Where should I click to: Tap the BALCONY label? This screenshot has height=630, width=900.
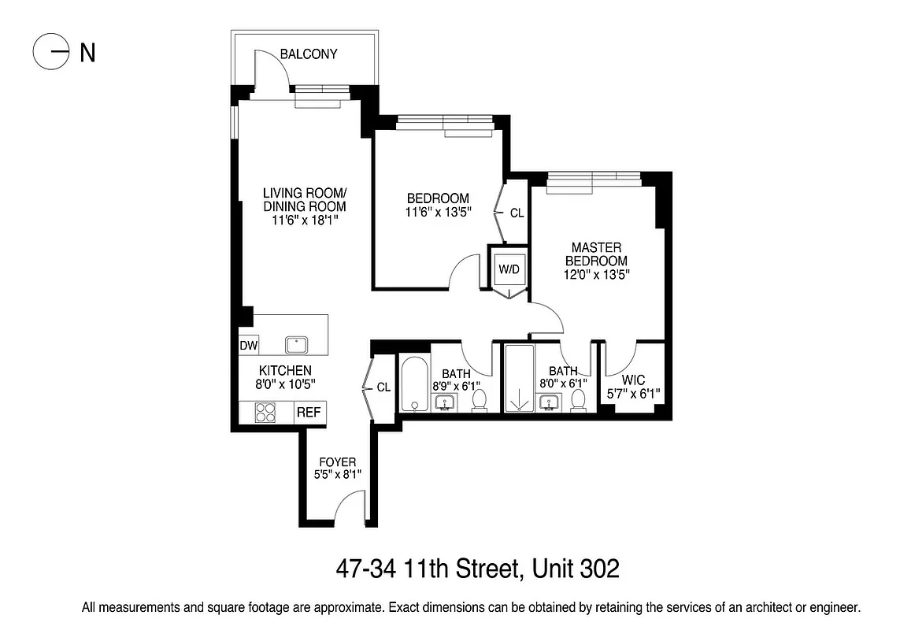pyautogui.click(x=309, y=54)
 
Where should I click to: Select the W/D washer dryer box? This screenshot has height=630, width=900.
pyautogui.click(x=509, y=269)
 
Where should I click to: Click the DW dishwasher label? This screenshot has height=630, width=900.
pyautogui.click(x=248, y=346)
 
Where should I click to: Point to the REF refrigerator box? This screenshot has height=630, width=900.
pyautogui.click(x=309, y=411)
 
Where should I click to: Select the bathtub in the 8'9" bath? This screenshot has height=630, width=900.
pyautogui.click(x=413, y=384)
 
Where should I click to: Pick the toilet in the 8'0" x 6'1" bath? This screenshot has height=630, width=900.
pyautogui.click(x=580, y=400)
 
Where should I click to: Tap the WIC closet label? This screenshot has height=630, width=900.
pyautogui.click(x=633, y=380)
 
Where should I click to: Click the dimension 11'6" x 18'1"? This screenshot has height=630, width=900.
pyautogui.click(x=305, y=221)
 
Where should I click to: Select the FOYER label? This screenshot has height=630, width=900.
pyautogui.click(x=337, y=461)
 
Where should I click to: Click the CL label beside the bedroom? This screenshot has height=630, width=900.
pyautogui.click(x=517, y=213)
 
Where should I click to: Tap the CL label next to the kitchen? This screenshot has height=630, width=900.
pyautogui.click(x=383, y=387)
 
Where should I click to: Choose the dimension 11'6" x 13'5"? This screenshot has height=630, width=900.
pyautogui.click(x=438, y=213)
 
